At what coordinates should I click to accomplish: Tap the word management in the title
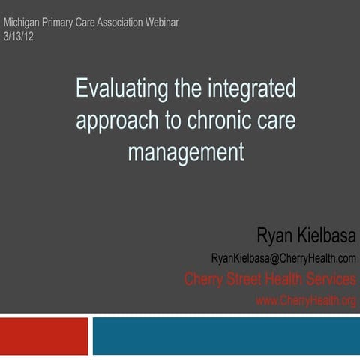click(186, 153)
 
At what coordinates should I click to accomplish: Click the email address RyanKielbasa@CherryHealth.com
click(283, 259)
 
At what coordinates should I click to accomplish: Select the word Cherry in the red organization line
click(206, 280)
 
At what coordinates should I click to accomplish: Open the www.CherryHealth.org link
click(306, 300)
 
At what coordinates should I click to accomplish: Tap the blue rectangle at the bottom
click(225, 336)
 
